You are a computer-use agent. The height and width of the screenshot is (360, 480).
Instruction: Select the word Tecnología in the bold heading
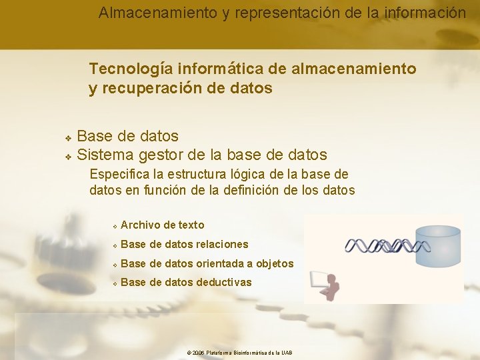pyautogui.click(x=126, y=69)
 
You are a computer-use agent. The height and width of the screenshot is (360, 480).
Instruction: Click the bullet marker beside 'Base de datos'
pyautogui.click(x=68, y=137)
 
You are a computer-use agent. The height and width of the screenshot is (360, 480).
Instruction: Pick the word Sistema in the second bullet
pyautogui.click(x=105, y=155)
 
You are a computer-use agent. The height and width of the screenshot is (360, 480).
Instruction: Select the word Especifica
pyautogui.click(x=119, y=175)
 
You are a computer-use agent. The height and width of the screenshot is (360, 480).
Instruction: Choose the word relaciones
pyautogui.click(x=222, y=245)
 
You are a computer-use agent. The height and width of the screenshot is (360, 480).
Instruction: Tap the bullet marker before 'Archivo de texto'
pyautogui.click(x=115, y=226)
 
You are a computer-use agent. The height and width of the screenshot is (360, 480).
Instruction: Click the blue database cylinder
pyautogui.click(x=438, y=247)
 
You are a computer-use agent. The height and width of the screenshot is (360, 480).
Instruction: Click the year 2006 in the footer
pyautogui.click(x=198, y=353)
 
